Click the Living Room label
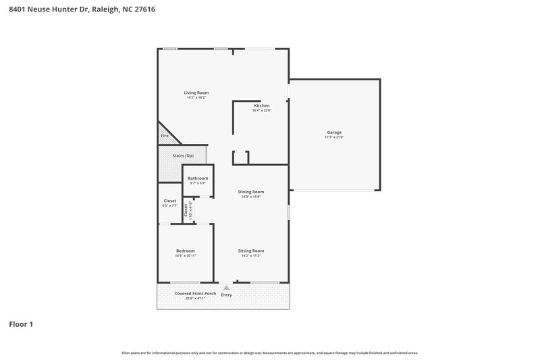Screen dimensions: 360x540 coord(196,93)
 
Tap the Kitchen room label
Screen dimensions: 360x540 coord(262,106)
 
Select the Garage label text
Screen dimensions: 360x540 coord(334,132)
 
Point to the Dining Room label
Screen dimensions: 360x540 coord(250,192)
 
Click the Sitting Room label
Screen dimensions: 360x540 coord(250,251)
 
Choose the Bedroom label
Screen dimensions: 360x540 coord(186,251)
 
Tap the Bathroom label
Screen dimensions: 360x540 coord(198,178)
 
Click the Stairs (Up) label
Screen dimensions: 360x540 coord(182,156)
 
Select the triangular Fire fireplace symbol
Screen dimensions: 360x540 coord(166,134)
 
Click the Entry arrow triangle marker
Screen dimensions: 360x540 coord(226,288)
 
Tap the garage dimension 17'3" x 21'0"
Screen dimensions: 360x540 coord(334,138)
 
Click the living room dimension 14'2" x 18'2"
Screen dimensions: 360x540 coord(196,98)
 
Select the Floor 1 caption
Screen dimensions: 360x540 coord(21,324)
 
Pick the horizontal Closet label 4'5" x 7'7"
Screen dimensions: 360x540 coord(170,201)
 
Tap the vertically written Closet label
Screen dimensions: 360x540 coord(186,209)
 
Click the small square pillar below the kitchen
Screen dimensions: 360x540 coord(241,158)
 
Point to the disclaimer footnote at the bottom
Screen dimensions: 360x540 coord(269,353)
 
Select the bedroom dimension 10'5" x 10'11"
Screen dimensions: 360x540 coord(186,256)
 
